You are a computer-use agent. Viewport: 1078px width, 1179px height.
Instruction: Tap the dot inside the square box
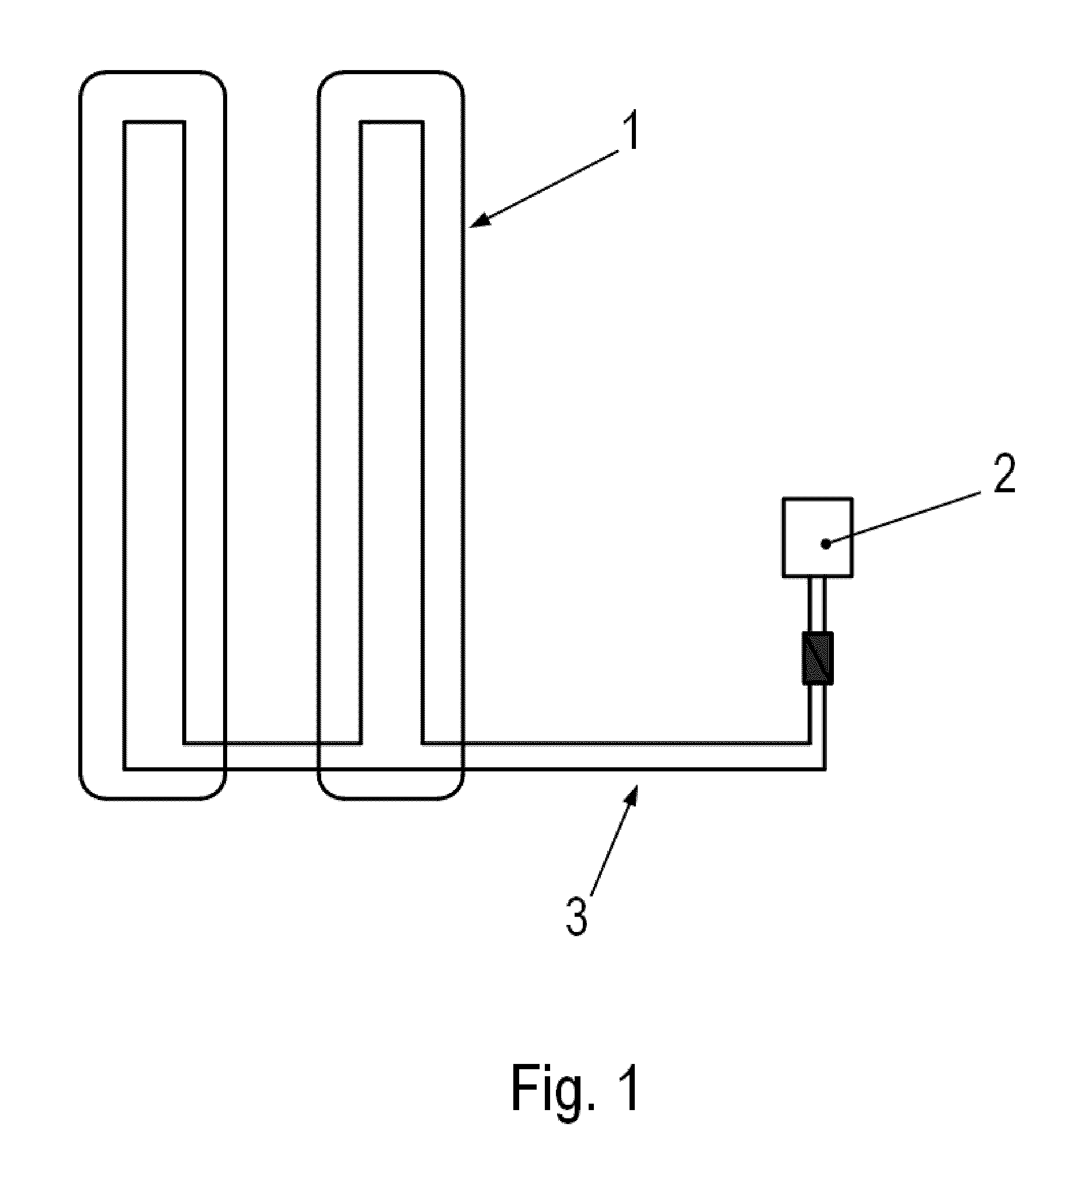coord(825,544)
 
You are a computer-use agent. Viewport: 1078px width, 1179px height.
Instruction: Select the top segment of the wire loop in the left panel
coord(154,122)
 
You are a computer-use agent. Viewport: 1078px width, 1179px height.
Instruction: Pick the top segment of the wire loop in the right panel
coord(391,122)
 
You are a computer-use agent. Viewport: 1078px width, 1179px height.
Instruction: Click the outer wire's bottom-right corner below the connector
coord(825,770)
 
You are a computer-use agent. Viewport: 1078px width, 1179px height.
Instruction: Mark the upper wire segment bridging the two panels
coord(272,743)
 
